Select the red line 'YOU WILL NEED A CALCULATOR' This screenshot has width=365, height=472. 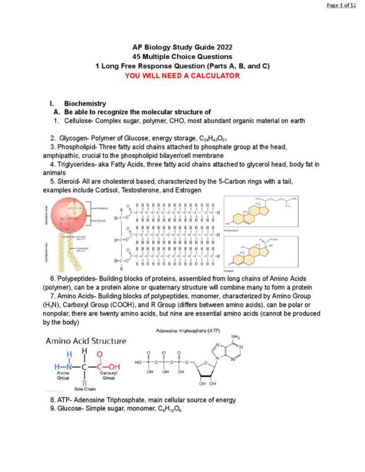pyautogui.click(x=182, y=76)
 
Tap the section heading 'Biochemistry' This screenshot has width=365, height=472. pyautogui.click(x=85, y=104)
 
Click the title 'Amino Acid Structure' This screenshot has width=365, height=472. pyautogui.click(x=86, y=341)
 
